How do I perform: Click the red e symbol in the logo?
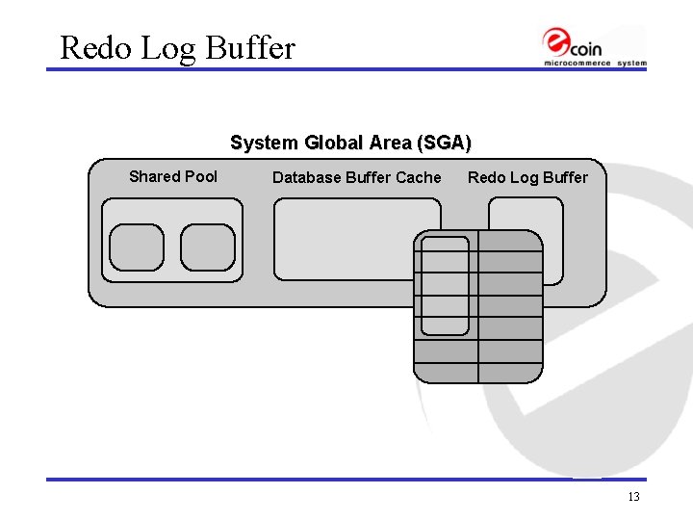(556, 41)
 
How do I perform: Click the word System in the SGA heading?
(264, 143)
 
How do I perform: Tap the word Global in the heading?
(329, 143)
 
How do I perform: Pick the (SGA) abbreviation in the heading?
(441, 143)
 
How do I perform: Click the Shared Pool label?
(173, 176)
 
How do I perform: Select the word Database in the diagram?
(304, 177)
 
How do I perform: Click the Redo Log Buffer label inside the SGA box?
(526, 177)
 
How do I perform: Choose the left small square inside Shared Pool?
(137, 247)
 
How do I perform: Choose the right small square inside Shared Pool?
(208, 247)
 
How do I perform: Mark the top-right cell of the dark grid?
(510, 241)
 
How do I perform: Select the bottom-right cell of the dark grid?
(510, 373)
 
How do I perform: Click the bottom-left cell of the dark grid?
(446, 373)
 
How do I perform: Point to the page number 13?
(632, 497)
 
